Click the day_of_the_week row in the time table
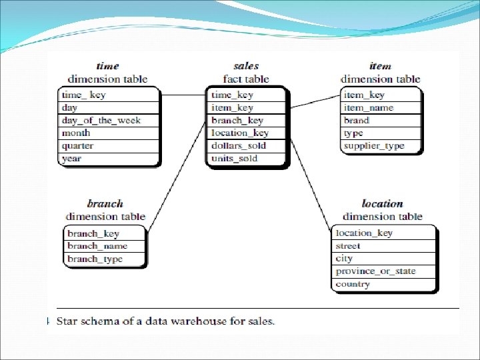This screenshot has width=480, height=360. pos(101,121)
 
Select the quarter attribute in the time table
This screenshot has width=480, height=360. pos(78,146)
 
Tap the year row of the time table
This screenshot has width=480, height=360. pos(71,159)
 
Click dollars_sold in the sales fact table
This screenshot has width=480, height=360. pos(238,146)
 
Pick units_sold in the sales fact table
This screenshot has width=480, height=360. pos(234,159)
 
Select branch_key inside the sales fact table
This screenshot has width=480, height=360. pos(237,121)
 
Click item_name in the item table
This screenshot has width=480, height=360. pos(369,108)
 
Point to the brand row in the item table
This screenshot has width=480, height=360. pos(357,121)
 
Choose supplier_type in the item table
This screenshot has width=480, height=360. pos(373,146)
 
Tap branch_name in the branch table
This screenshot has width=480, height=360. pos(97,246)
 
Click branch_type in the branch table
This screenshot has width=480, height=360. pos(95,259)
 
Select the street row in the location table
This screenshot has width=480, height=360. pos(348,246)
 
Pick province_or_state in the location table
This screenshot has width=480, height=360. pos(375,271)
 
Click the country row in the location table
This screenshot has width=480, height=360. pos(353,284)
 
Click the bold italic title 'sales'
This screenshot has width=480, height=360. pos(246,66)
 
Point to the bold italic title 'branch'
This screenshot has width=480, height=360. pos(105,203)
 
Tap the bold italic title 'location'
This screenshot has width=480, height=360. pos(382,203)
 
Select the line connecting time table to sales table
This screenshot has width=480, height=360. pos(183,95)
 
